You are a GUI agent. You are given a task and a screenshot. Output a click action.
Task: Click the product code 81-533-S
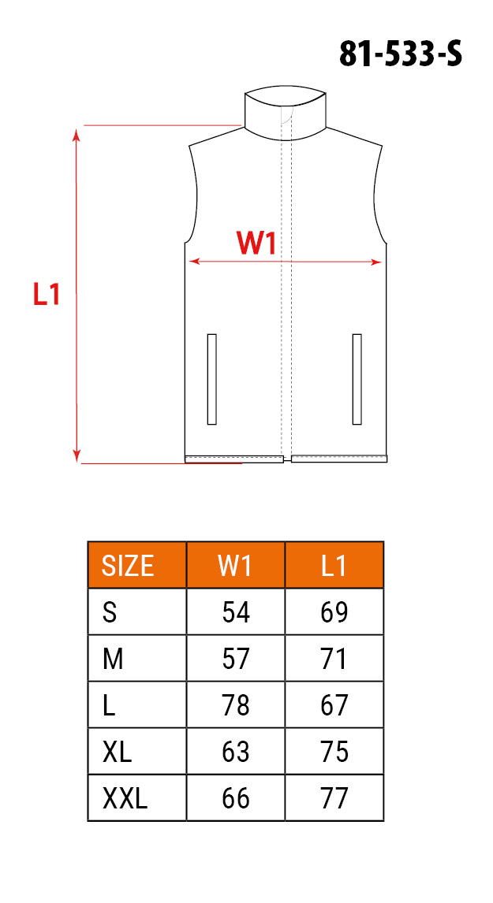click(x=400, y=55)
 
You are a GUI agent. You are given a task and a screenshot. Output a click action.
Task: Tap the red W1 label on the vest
click(x=256, y=243)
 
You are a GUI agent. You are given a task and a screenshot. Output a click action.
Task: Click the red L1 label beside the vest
click(x=47, y=294)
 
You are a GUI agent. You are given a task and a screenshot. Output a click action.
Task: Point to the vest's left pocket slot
click(x=211, y=379)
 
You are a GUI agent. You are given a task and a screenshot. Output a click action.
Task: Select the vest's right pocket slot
click(x=357, y=379)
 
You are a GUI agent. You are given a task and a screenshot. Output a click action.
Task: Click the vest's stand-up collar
click(x=286, y=114)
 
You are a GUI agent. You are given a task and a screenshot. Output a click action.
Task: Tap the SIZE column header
click(x=128, y=566)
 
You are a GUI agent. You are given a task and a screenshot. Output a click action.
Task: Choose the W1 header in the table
click(x=235, y=566)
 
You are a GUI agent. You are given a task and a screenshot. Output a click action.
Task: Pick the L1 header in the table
click(x=334, y=566)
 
